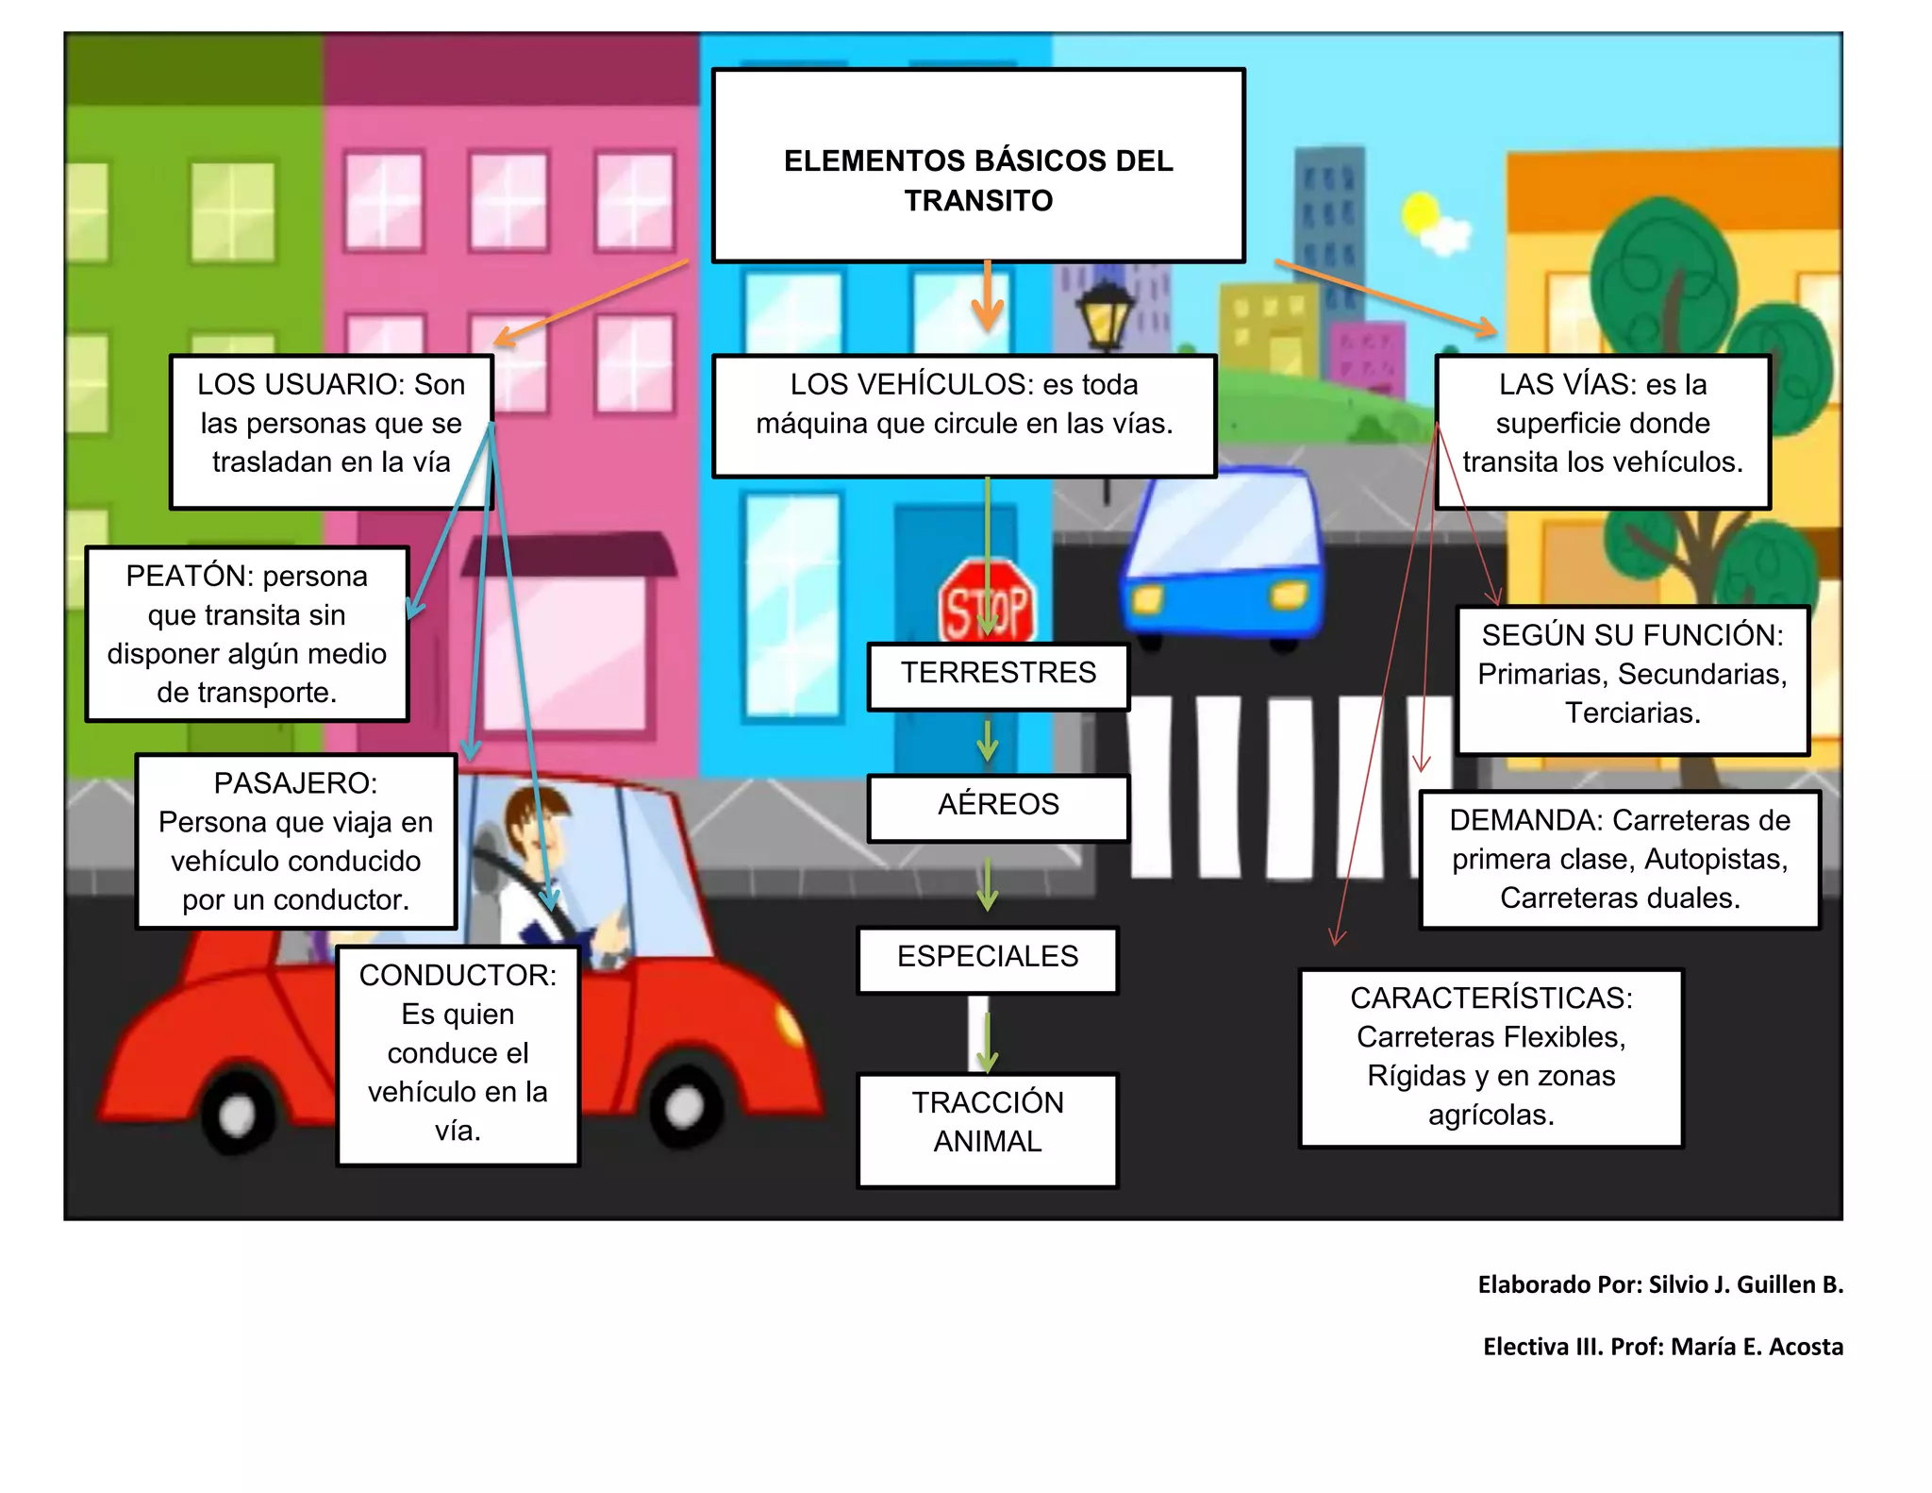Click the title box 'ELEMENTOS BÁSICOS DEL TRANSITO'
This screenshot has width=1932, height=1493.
[978, 165]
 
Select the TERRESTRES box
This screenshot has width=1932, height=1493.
[998, 675]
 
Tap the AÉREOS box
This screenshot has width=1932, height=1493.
[998, 807]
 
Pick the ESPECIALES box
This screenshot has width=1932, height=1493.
[988, 959]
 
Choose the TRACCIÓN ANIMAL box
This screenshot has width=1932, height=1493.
[988, 1128]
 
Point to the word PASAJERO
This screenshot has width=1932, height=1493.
[294, 783]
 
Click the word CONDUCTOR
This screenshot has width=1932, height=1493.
[457, 975]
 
